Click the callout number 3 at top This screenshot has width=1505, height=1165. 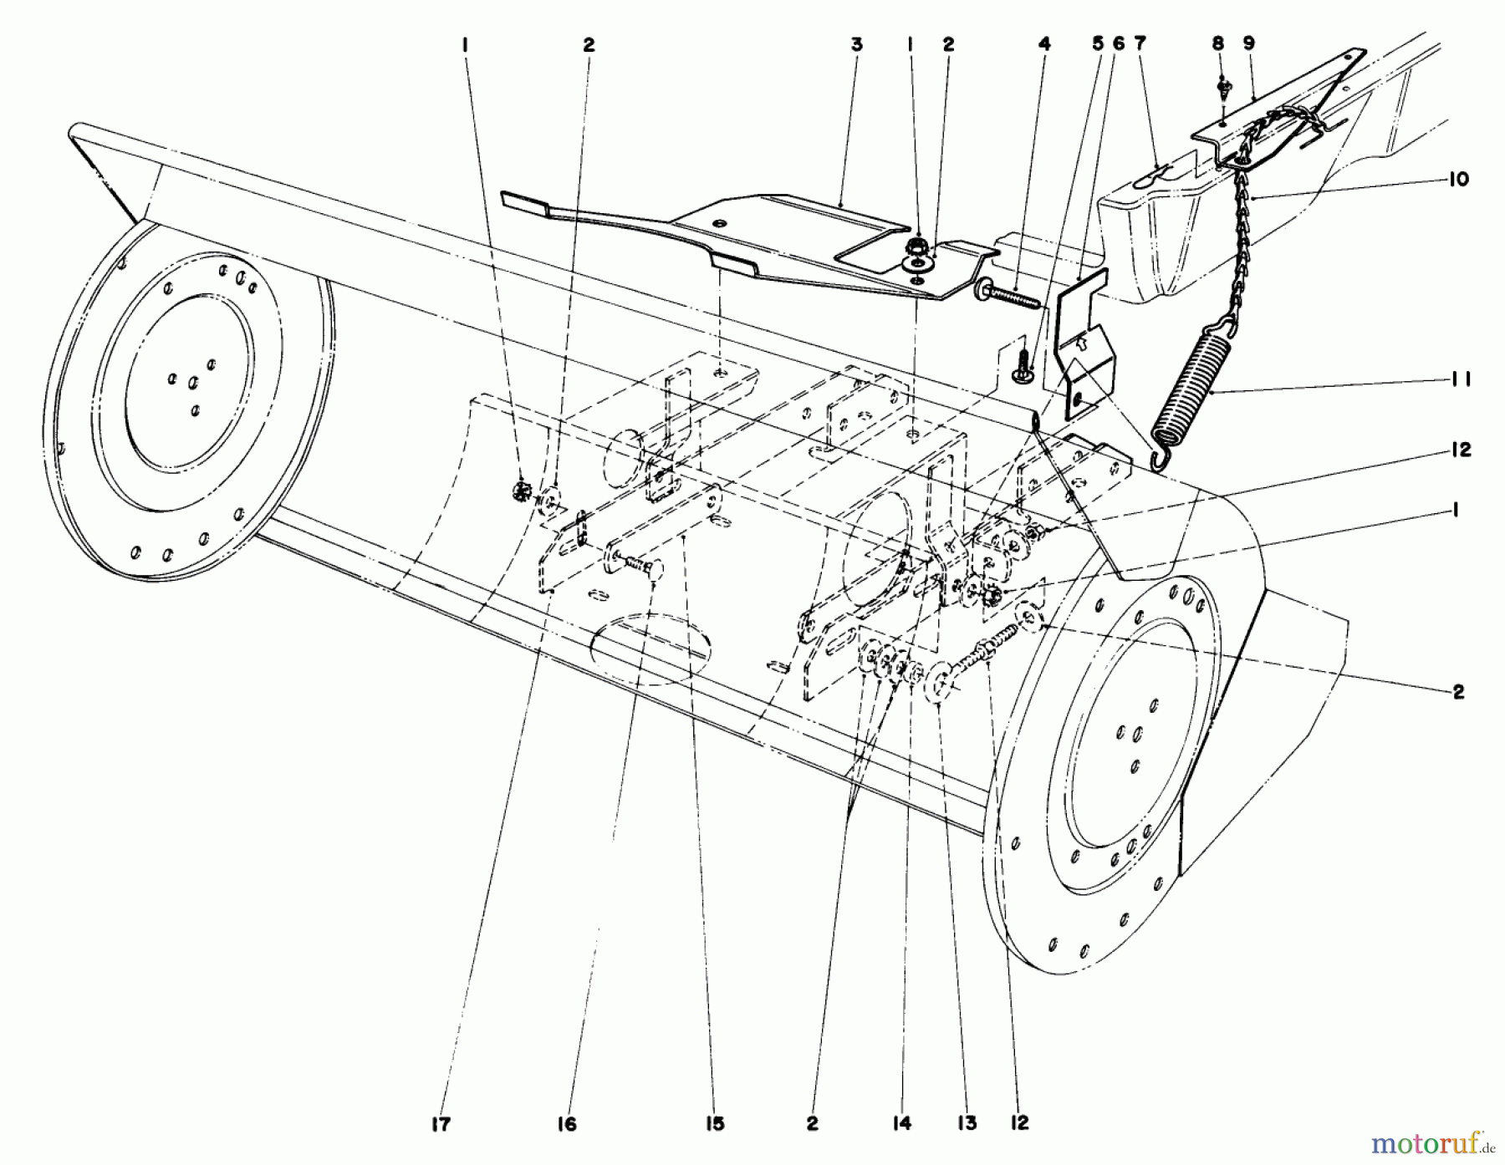(x=856, y=45)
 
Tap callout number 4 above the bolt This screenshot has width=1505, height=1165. (x=1043, y=45)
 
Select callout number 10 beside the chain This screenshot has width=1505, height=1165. (x=1458, y=180)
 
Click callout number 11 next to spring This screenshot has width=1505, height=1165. (x=1458, y=380)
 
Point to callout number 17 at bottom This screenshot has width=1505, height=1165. (x=441, y=1124)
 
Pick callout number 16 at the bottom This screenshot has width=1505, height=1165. (x=566, y=1124)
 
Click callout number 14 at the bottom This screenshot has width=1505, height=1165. (x=901, y=1124)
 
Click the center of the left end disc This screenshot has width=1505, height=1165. (x=192, y=383)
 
